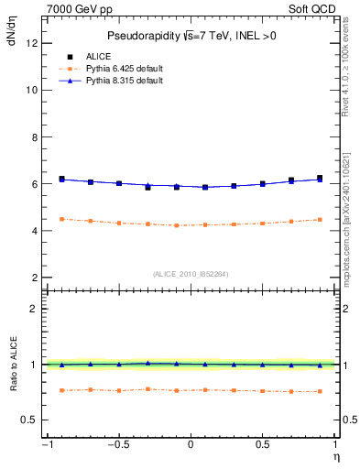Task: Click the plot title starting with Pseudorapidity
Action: click(x=191, y=36)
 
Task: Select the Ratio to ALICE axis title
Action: click(x=14, y=365)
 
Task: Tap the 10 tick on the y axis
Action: click(x=33, y=90)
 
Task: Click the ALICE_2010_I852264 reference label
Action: click(x=191, y=273)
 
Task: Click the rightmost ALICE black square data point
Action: click(x=320, y=179)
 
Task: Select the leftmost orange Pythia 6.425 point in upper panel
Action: click(x=61, y=219)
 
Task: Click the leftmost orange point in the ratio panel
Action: click(x=61, y=390)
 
